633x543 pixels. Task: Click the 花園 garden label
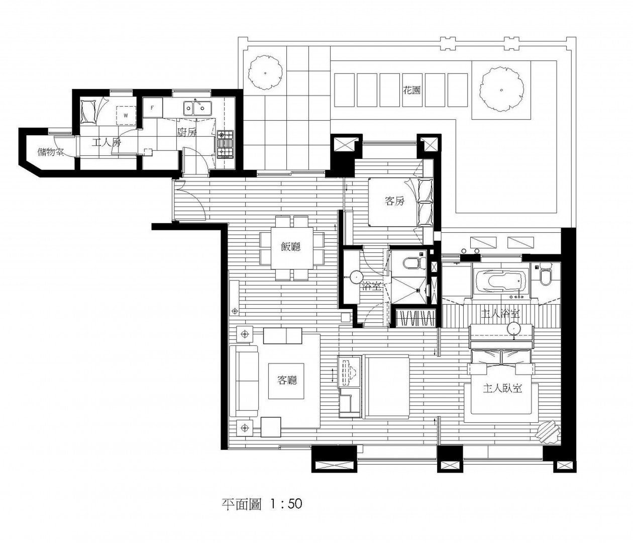411,90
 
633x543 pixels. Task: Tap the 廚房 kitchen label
187,132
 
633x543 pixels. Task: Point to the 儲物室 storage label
51,152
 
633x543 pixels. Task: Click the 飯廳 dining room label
290,246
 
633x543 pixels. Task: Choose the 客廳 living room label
287,380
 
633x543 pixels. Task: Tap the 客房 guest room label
394,201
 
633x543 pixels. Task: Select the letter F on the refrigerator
152,108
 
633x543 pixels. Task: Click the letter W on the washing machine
126,116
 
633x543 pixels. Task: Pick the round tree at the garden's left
265,72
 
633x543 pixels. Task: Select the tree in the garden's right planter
501,89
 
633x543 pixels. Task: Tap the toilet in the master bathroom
545,275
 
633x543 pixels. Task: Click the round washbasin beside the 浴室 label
356,276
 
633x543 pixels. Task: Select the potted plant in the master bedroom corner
548,432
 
